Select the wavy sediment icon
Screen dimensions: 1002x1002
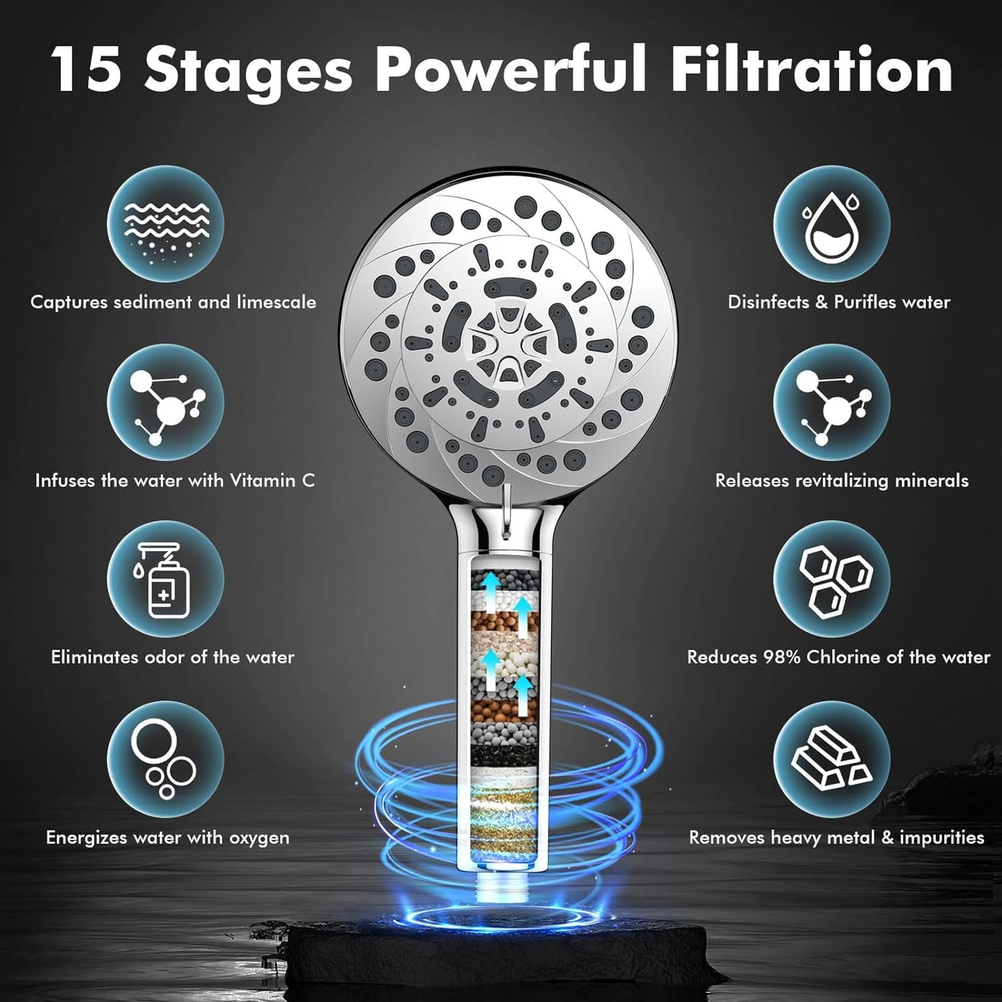point(166,229)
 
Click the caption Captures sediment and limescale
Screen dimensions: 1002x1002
point(173,302)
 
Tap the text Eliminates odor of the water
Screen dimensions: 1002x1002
point(173,657)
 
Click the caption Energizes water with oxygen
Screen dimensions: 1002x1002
point(167,838)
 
